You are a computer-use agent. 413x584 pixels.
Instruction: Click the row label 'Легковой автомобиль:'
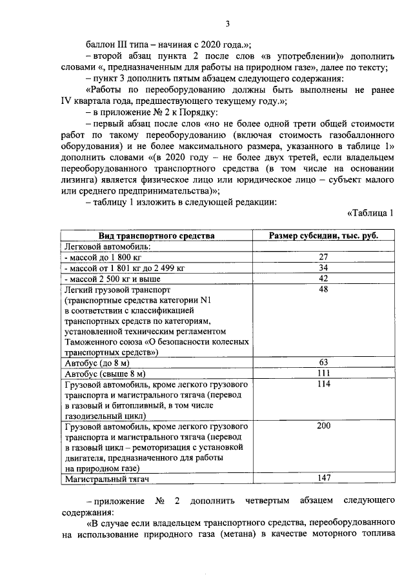pos(106,247)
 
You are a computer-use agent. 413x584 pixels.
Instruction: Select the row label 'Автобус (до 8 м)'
pos(97,363)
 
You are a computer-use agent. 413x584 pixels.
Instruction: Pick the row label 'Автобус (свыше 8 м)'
pos(104,374)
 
